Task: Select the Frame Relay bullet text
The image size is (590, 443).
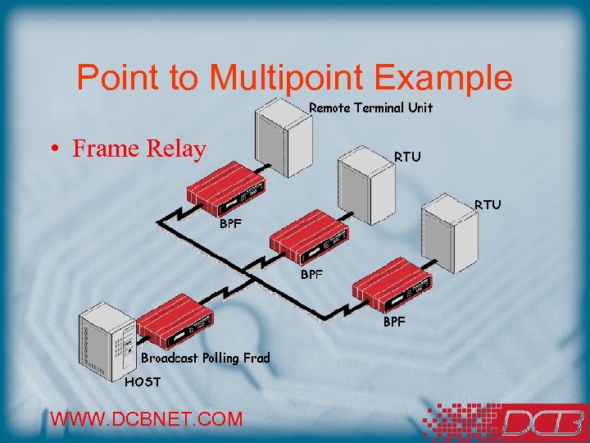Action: point(138,148)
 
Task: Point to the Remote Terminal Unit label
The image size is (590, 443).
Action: point(370,107)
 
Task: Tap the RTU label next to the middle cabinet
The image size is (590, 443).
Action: point(407,156)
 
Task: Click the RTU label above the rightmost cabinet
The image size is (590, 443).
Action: point(488,204)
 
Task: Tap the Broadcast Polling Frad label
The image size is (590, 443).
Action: point(205,358)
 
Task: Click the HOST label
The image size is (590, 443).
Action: point(143,381)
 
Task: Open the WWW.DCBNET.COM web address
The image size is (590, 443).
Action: point(147,418)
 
